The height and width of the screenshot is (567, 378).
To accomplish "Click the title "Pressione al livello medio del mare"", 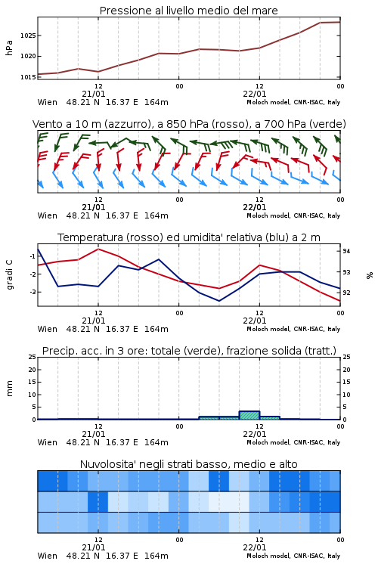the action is (x=189, y=11).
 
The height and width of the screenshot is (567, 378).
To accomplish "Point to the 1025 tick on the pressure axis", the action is (x=28, y=36).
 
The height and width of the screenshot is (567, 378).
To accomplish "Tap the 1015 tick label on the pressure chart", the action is (x=28, y=77).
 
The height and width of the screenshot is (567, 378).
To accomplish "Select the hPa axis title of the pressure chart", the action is (x=9, y=48).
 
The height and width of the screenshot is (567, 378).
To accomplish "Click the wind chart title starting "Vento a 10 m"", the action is (x=189, y=124).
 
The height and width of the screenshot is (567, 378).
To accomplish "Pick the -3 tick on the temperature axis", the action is (x=32, y=292).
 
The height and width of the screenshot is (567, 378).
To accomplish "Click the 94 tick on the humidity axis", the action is (x=346, y=251).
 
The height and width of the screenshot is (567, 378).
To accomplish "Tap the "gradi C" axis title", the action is (x=10, y=274).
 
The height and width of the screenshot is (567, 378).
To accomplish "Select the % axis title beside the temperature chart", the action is (x=370, y=275).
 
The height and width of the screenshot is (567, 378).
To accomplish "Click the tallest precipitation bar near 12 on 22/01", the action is (x=249, y=415).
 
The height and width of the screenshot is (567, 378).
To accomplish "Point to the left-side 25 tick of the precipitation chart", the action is (x=33, y=357).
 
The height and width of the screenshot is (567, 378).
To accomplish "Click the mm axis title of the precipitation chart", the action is (x=9, y=389).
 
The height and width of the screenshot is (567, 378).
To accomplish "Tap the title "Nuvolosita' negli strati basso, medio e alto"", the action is (x=189, y=464).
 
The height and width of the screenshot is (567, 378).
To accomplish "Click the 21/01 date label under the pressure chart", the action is (x=94, y=94).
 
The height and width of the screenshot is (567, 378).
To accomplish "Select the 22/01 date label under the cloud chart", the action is (x=255, y=547).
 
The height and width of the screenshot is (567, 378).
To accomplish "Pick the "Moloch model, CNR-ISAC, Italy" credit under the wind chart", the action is (x=293, y=215).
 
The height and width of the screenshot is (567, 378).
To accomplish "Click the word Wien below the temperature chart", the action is (x=48, y=329).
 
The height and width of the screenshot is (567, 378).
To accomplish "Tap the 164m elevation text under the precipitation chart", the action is (x=156, y=442).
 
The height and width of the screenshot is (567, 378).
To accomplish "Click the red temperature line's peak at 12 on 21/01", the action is (x=98, y=249).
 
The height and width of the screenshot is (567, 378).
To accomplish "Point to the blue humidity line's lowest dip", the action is (x=219, y=301).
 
